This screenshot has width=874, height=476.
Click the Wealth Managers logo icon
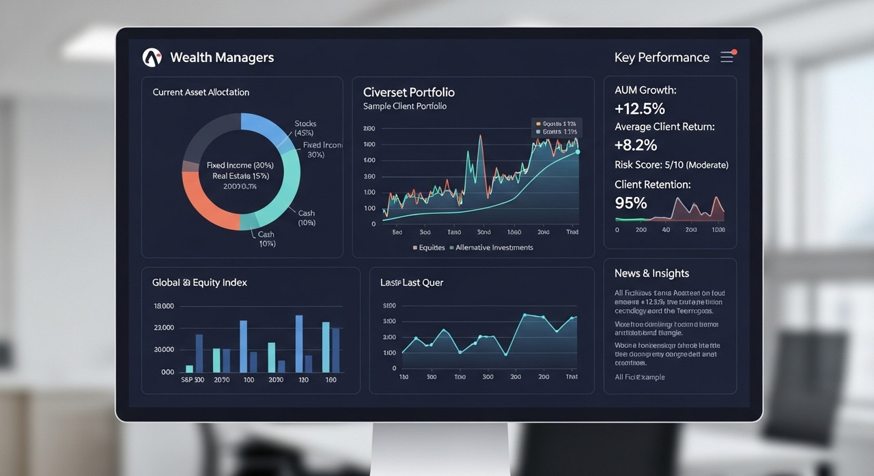[152, 58]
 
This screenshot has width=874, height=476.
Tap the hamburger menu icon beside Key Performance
[727, 57]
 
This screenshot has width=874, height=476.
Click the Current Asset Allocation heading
[201, 92]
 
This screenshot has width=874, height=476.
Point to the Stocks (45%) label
[305, 128]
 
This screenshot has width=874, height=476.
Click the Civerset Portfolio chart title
[408, 92]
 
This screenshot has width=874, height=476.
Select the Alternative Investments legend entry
[494, 248]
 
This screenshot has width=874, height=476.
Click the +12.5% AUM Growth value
[640, 109]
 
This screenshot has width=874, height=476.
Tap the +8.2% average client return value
[636, 145]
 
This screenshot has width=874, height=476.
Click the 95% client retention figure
[631, 203]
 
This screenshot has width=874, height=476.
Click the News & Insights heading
[651, 273]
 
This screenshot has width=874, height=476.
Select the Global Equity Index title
[199, 282]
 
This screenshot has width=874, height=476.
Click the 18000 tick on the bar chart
[164, 306]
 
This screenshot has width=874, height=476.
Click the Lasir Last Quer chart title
[411, 282]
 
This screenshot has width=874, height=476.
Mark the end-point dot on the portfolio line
[578, 152]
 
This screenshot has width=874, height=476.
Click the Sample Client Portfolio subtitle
[405, 107]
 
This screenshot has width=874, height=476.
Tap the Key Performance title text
[662, 57]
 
